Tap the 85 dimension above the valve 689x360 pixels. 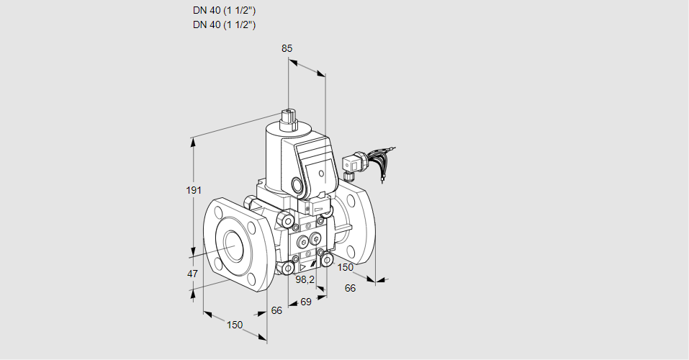point(287,48)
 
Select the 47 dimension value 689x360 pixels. point(193,274)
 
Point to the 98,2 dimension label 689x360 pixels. point(306,279)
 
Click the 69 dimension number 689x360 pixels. point(305,302)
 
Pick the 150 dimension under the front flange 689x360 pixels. point(235,325)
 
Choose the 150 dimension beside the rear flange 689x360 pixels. point(346,267)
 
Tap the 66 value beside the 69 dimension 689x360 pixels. point(276,310)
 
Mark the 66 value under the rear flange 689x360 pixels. point(351,288)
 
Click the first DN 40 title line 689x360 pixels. point(225,11)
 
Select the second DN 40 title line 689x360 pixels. point(225,24)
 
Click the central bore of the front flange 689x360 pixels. point(233,246)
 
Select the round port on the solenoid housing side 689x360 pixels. point(297,184)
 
